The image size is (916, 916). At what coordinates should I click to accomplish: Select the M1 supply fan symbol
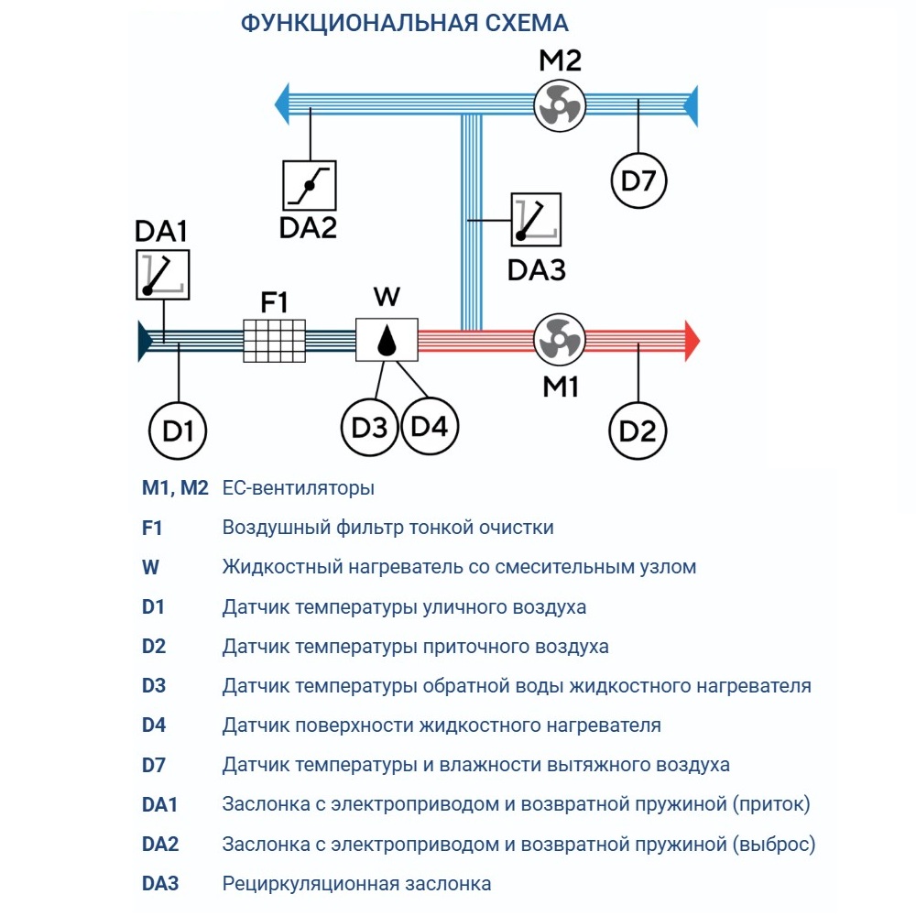click(x=559, y=340)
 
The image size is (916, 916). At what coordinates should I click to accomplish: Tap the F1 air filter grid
click(x=274, y=340)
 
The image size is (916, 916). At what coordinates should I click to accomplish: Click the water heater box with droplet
click(x=387, y=340)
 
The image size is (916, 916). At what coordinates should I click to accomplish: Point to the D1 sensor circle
click(x=178, y=428)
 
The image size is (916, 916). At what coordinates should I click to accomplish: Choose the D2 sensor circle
click(x=638, y=428)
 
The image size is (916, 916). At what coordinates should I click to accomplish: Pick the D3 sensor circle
click(x=369, y=427)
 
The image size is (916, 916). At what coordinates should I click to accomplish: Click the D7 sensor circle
click(x=638, y=180)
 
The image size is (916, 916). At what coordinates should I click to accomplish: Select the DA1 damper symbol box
click(x=162, y=274)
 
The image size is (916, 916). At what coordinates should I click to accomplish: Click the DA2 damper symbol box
click(x=310, y=184)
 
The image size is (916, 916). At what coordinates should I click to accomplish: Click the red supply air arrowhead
click(x=692, y=340)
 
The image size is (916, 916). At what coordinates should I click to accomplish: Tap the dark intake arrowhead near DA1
click(x=145, y=340)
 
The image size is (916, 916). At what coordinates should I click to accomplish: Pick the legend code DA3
click(x=160, y=884)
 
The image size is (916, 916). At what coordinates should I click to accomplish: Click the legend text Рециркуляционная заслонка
click(x=356, y=884)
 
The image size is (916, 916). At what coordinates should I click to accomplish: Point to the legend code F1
click(x=151, y=528)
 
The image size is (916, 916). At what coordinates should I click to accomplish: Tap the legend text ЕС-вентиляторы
click(x=298, y=488)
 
